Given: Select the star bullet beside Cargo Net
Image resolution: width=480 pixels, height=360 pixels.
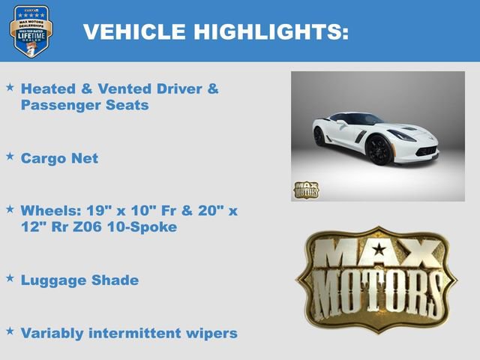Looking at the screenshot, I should [x=10, y=157].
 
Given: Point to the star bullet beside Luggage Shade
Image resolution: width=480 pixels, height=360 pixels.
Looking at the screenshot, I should [x=10, y=278].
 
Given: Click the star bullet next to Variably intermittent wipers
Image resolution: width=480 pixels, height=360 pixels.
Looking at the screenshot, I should [x=10, y=331].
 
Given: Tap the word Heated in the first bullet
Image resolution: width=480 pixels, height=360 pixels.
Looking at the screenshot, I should [x=49, y=88].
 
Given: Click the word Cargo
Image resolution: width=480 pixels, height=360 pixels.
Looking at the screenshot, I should [x=43, y=158].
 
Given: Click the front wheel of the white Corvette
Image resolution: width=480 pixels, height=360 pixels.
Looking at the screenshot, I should [x=378, y=150].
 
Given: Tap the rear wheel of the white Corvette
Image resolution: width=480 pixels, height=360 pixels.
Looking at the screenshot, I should [x=319, y=136].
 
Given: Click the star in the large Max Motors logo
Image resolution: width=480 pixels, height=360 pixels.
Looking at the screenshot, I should [x=379, y=250].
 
